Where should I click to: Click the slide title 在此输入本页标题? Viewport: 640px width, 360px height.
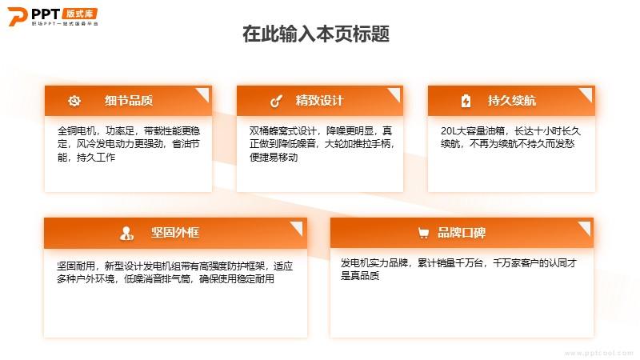316,34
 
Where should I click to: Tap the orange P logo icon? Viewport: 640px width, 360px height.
18,16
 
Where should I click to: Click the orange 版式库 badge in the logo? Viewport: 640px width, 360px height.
80,14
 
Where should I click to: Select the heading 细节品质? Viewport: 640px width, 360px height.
129,101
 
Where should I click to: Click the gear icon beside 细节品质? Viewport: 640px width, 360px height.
74,101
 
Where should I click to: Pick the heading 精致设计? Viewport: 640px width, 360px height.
320,101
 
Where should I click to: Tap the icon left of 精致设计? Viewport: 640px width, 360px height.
276,101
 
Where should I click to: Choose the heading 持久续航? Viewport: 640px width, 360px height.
512,101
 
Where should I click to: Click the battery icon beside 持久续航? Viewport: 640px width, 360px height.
466,101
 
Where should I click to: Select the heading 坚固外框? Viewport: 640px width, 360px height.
175,233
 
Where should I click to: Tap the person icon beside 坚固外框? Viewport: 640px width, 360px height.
126,234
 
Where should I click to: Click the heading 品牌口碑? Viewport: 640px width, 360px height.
462,233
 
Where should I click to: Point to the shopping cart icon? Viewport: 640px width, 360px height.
424,233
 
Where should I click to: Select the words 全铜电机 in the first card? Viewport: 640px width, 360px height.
77,131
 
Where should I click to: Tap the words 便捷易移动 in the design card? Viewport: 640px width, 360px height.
274,157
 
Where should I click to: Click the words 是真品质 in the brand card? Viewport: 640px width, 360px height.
360,276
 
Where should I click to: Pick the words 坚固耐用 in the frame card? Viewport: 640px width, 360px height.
76,266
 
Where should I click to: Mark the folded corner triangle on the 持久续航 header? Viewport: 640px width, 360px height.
587,94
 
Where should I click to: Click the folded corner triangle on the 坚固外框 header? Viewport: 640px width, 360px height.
298,227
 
